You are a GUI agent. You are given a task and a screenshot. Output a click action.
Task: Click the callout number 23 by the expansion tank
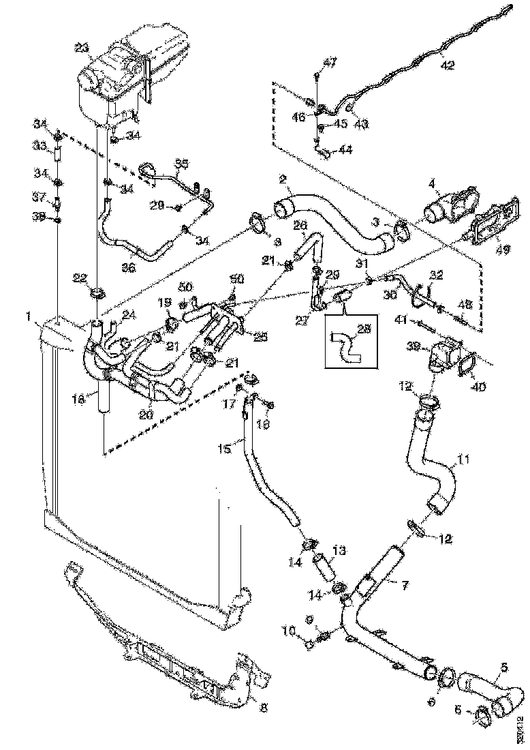point(82,48)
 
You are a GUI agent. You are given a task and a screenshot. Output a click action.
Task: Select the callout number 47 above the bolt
point(330,63)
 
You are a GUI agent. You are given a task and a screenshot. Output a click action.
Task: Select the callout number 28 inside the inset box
point(365,329)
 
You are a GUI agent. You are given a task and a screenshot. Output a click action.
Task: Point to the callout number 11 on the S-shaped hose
point(463,460)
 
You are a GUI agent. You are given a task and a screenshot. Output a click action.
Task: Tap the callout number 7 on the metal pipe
point(405,586)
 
